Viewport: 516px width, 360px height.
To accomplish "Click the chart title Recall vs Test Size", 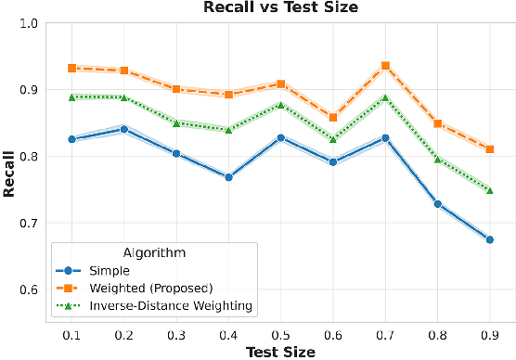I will pos(273,7).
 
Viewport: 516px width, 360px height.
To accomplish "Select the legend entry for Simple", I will pos(109,270).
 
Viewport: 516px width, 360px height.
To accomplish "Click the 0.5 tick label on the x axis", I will pos(280,333).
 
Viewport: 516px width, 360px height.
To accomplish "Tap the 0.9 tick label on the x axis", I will pos(489,333).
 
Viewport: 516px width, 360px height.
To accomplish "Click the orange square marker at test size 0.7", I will pos(385,66).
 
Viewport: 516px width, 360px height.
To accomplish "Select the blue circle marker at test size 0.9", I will pos(489,239).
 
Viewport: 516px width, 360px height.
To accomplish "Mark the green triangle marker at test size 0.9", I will pos(489,189).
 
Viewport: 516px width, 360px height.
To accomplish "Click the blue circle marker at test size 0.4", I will pos(228,177).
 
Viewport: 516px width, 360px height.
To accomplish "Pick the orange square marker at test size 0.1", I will pos(72,68).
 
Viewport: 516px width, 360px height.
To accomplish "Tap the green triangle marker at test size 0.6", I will pos(333,139).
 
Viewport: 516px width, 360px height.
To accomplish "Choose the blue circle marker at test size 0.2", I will pos(124,129).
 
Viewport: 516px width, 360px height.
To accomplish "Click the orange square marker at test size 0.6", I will pos(333,118).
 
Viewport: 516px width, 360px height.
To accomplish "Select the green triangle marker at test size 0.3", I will pos(176,122).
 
